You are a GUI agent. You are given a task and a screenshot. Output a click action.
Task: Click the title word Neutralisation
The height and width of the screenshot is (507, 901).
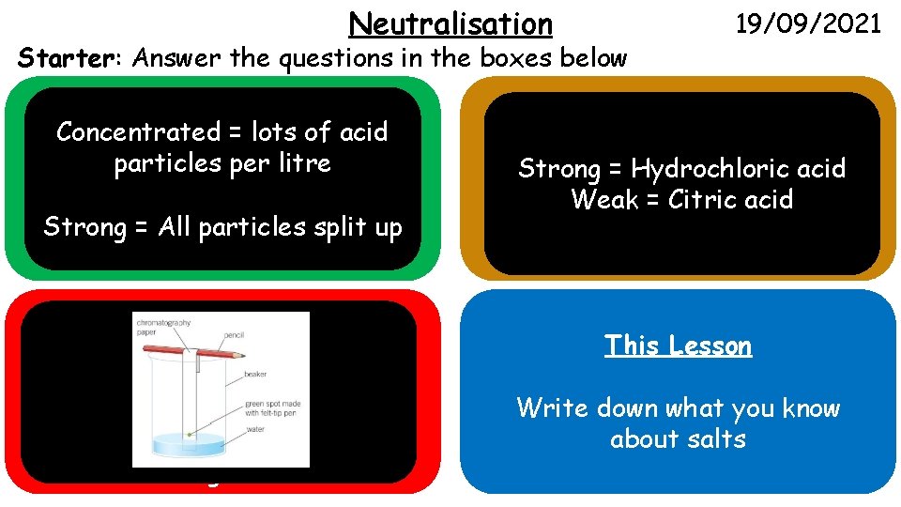point(450,23)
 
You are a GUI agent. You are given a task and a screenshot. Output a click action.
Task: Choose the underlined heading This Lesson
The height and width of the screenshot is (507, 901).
point(678,346)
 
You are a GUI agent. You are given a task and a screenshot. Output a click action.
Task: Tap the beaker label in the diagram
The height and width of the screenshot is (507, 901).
point(256,374)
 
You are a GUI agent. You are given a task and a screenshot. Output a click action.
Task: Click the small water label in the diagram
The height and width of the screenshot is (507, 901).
point(255,430)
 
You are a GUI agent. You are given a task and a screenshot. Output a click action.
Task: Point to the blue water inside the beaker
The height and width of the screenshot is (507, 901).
point(188,441)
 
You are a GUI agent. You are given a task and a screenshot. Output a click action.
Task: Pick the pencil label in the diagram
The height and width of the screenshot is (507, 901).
point(236,334)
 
